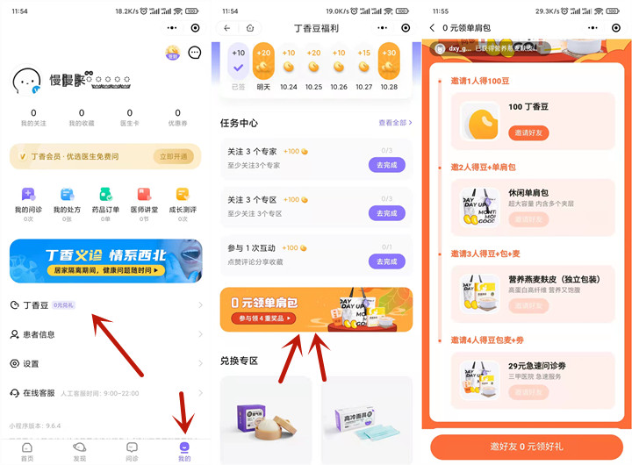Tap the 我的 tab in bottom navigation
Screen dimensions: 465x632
183,451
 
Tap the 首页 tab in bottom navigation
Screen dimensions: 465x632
27,451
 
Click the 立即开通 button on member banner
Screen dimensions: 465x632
173,156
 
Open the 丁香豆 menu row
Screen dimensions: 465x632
105,304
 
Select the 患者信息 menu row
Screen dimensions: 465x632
105,334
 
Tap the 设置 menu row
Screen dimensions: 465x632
105,363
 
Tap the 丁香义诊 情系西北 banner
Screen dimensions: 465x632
105,261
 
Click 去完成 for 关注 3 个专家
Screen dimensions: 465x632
386,165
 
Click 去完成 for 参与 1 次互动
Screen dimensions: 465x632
386,261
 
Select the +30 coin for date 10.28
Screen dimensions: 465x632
389,64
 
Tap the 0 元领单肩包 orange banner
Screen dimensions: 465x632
316,310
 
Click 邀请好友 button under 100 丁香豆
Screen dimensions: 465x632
528,132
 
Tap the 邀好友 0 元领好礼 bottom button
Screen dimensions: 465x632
526,447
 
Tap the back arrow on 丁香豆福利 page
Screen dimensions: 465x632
228,28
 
